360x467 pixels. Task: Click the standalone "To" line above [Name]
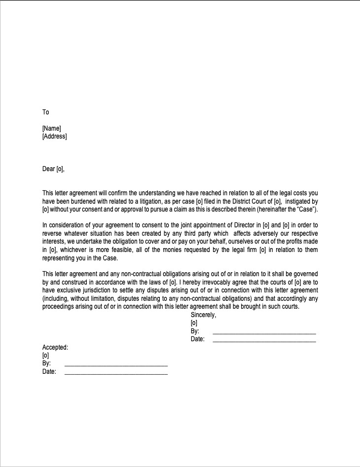pos(46,112)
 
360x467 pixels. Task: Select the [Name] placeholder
pos(52,129)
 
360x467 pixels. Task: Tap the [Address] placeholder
pos(55,136)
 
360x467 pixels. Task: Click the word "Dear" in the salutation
pos(49,169)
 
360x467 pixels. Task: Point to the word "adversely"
pos(266,234)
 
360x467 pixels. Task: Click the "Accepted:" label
pos(55,347)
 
